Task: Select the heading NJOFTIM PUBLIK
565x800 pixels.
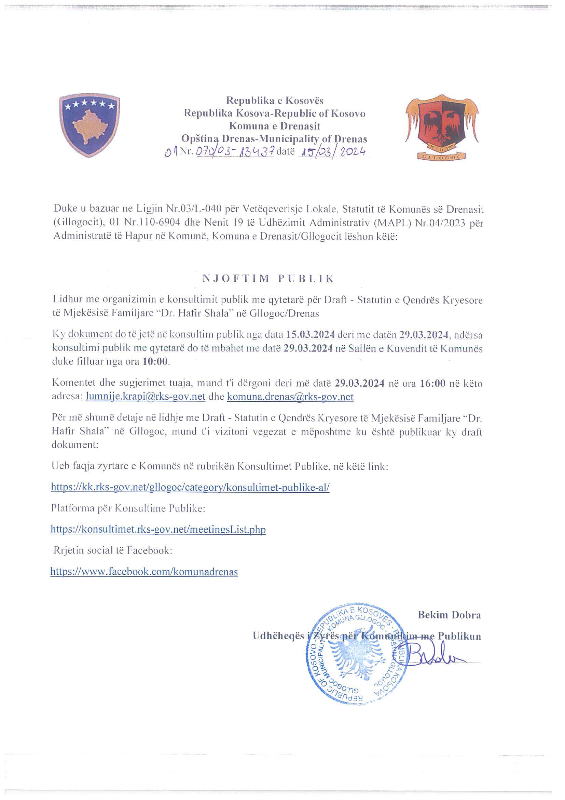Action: click(x=268, y=279)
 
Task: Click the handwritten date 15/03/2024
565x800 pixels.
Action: click(x=333, y=152)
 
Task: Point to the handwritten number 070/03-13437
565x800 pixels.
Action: click(x=235, y=151)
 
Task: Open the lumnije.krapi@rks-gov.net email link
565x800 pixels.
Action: click(x=146, y=397)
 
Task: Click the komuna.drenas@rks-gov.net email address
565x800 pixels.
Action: click(x=290, y=397)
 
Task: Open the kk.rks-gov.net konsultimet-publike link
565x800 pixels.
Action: click(x=190, y=487)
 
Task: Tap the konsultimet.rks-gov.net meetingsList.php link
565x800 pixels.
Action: click(x=158, y=530)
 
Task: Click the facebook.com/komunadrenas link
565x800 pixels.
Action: click(x=144, y=572)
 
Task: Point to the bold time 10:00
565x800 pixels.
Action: click(x=155, y=361)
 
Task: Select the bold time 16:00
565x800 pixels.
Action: click(x=433, y=384)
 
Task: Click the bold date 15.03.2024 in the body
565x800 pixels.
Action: click(x=310, y=334)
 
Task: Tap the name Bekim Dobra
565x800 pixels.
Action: click(x=449, y=615)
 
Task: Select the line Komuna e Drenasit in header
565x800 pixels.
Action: click(x=274, y=126)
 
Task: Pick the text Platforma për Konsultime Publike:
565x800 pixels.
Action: click(x=128, y=508)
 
